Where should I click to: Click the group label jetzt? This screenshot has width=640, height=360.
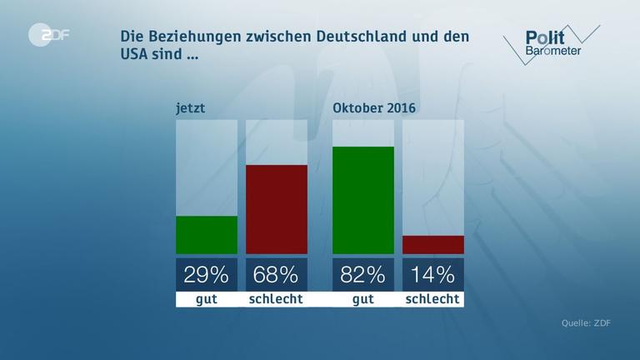pos(190,107)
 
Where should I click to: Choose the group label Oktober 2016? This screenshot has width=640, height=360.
pos(374,107)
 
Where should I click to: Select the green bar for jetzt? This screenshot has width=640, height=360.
pos(207,235)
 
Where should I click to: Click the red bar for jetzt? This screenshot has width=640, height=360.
pos(277,209)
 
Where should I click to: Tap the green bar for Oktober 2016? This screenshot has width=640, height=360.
pos(363,200)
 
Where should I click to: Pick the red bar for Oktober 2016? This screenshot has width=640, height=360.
pos(433,244)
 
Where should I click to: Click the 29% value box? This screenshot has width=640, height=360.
pos(207,274)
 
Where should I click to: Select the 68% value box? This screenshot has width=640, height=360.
pos(277,274)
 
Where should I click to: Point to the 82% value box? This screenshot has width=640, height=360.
pos(363,274)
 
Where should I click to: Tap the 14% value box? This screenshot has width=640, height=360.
pos(433,274)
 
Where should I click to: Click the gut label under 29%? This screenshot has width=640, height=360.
pos(207,299)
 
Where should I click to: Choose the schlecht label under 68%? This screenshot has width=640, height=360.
pos(277,299)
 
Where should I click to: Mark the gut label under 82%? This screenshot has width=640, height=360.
pos(363,299)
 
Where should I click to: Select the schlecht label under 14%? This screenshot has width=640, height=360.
pos(433,299)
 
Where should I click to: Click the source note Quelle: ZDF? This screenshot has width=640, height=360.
pos(585,323)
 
